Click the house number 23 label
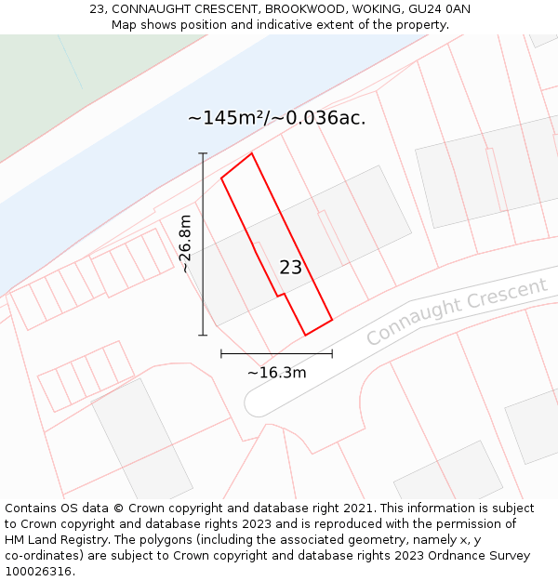[x=290, y=268]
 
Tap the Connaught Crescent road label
[x=456, y=311]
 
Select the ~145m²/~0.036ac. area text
[x=276, y=118]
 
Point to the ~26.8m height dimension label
[x=186, y=244]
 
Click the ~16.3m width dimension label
[x=276, y=373]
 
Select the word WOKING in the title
[x=378, y=8]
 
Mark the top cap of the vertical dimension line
[x=203, y=153]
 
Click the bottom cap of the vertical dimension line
[x=203, y=335]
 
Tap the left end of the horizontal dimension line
[x=221, y=353]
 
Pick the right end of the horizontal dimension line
[x=332, y=353]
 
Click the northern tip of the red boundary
[x=251, y=153]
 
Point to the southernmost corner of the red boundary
[x=306, y=335]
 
